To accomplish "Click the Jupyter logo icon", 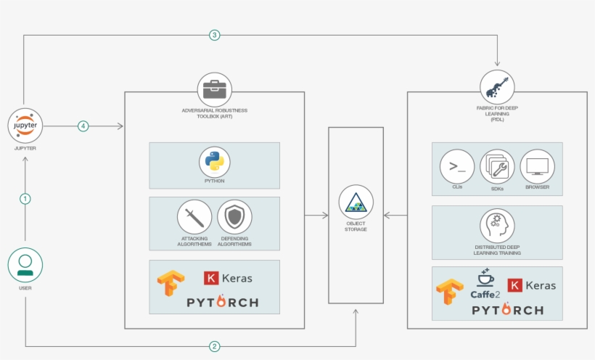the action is [x=25, y=126].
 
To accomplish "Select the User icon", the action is [x=25, y=265].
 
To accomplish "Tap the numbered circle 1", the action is [x=25, y=199].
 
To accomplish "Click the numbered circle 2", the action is [x=214, y=346].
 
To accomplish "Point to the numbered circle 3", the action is [x=214, y=36].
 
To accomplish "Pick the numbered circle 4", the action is [x=83, y=126].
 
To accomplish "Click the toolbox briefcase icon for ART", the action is [x=214, y=90].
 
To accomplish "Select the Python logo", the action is [x=214, y=162].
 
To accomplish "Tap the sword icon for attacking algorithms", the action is [x=194, y=217].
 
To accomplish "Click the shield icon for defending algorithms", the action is [x=234, y=217].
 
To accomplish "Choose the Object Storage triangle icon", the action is [x=356, y=202].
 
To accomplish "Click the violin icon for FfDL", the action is [x=497, y=87].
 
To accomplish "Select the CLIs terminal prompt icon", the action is [x=457, y=167].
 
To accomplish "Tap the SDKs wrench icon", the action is [x=497, y=167].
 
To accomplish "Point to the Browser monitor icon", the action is [x=538, y=167].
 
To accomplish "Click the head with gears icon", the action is [x=497, y=226].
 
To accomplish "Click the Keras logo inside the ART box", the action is [x=228, y=279].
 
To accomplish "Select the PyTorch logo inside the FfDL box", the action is [x=508, y=309].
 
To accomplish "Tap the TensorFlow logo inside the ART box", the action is [x=171, y=283].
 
